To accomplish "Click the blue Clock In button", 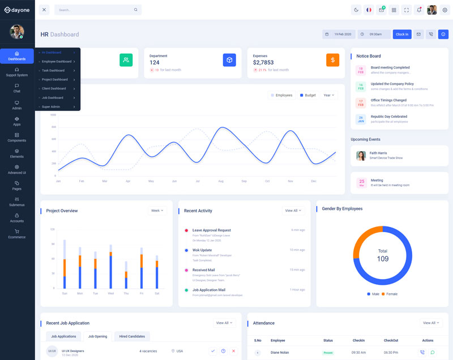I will (x=402, y=34).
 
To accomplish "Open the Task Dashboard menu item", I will (x=53, y=70).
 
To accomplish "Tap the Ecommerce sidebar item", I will (x=17, y=234).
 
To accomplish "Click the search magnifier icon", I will (x=136, y=10).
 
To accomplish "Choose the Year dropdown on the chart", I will (x=328, y=95).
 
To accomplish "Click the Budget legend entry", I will (x=307, y=95).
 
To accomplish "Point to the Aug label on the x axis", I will (x=221, y=181).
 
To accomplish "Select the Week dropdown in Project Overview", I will (x=157, y=211).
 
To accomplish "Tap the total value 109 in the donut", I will (x=383, y=259).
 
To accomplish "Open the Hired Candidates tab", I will (x=132, y=336).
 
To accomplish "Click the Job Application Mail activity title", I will (x=209, y=290).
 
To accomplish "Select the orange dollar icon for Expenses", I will (x=332, y=59).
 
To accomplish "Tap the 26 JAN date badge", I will (x=361, y=119).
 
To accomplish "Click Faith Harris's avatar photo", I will (x=361, y=156).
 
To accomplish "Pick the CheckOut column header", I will (x=391, y=340).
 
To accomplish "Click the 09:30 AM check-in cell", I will (x=358, y=352).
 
